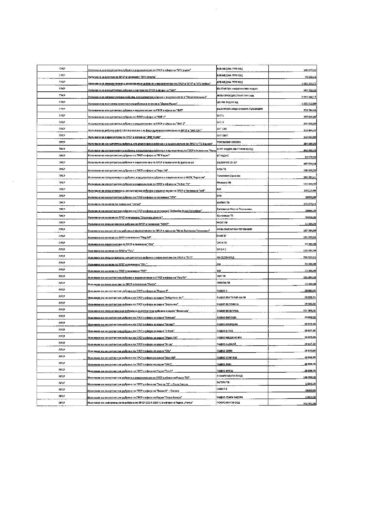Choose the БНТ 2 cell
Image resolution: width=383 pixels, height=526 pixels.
click(220, 122)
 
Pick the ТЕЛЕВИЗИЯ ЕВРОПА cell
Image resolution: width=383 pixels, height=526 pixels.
click(229, 142)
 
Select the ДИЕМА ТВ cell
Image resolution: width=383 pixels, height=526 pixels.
click(223, 203)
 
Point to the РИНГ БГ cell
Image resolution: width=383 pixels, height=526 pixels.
click(221, 236)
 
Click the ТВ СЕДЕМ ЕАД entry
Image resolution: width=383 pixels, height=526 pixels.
click(225, 258)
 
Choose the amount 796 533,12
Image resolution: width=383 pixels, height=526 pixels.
click(308, 258)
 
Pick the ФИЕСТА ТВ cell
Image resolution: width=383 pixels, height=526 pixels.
click(223, 283)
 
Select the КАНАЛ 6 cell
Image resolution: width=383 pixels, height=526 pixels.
click(222, 389)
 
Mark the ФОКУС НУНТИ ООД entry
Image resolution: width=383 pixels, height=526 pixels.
click(228, 403)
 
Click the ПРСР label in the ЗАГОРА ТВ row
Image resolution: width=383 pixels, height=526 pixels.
click(62, 383)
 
